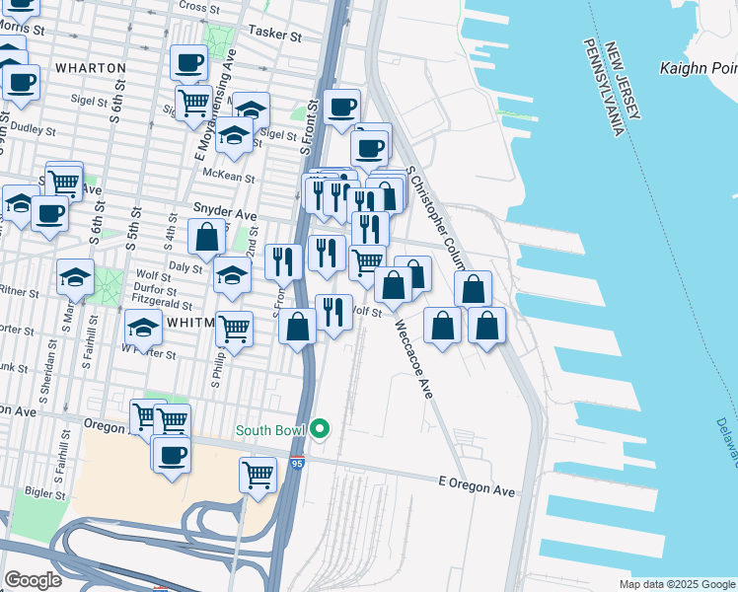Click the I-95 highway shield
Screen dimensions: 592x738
pyautogui.click(x=297, y=461)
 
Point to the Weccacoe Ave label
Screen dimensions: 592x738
pyautogui.click(x=414, y=358)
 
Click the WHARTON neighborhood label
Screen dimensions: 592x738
pyautogui.click(x=90, y=68)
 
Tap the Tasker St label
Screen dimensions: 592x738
pyautogui.click(x=275, y=34)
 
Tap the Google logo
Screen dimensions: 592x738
pyautogui.click(x=33, y=579)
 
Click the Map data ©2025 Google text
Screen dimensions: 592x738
pyautogui.click(x=676, y=584)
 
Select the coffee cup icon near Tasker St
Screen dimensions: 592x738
pyautogui.click(x=188, y=63)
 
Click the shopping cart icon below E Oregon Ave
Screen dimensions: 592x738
pyautogui.click(x=258, y=475)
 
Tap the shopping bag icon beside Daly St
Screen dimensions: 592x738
pyautogui.click(x=206, y=238)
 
